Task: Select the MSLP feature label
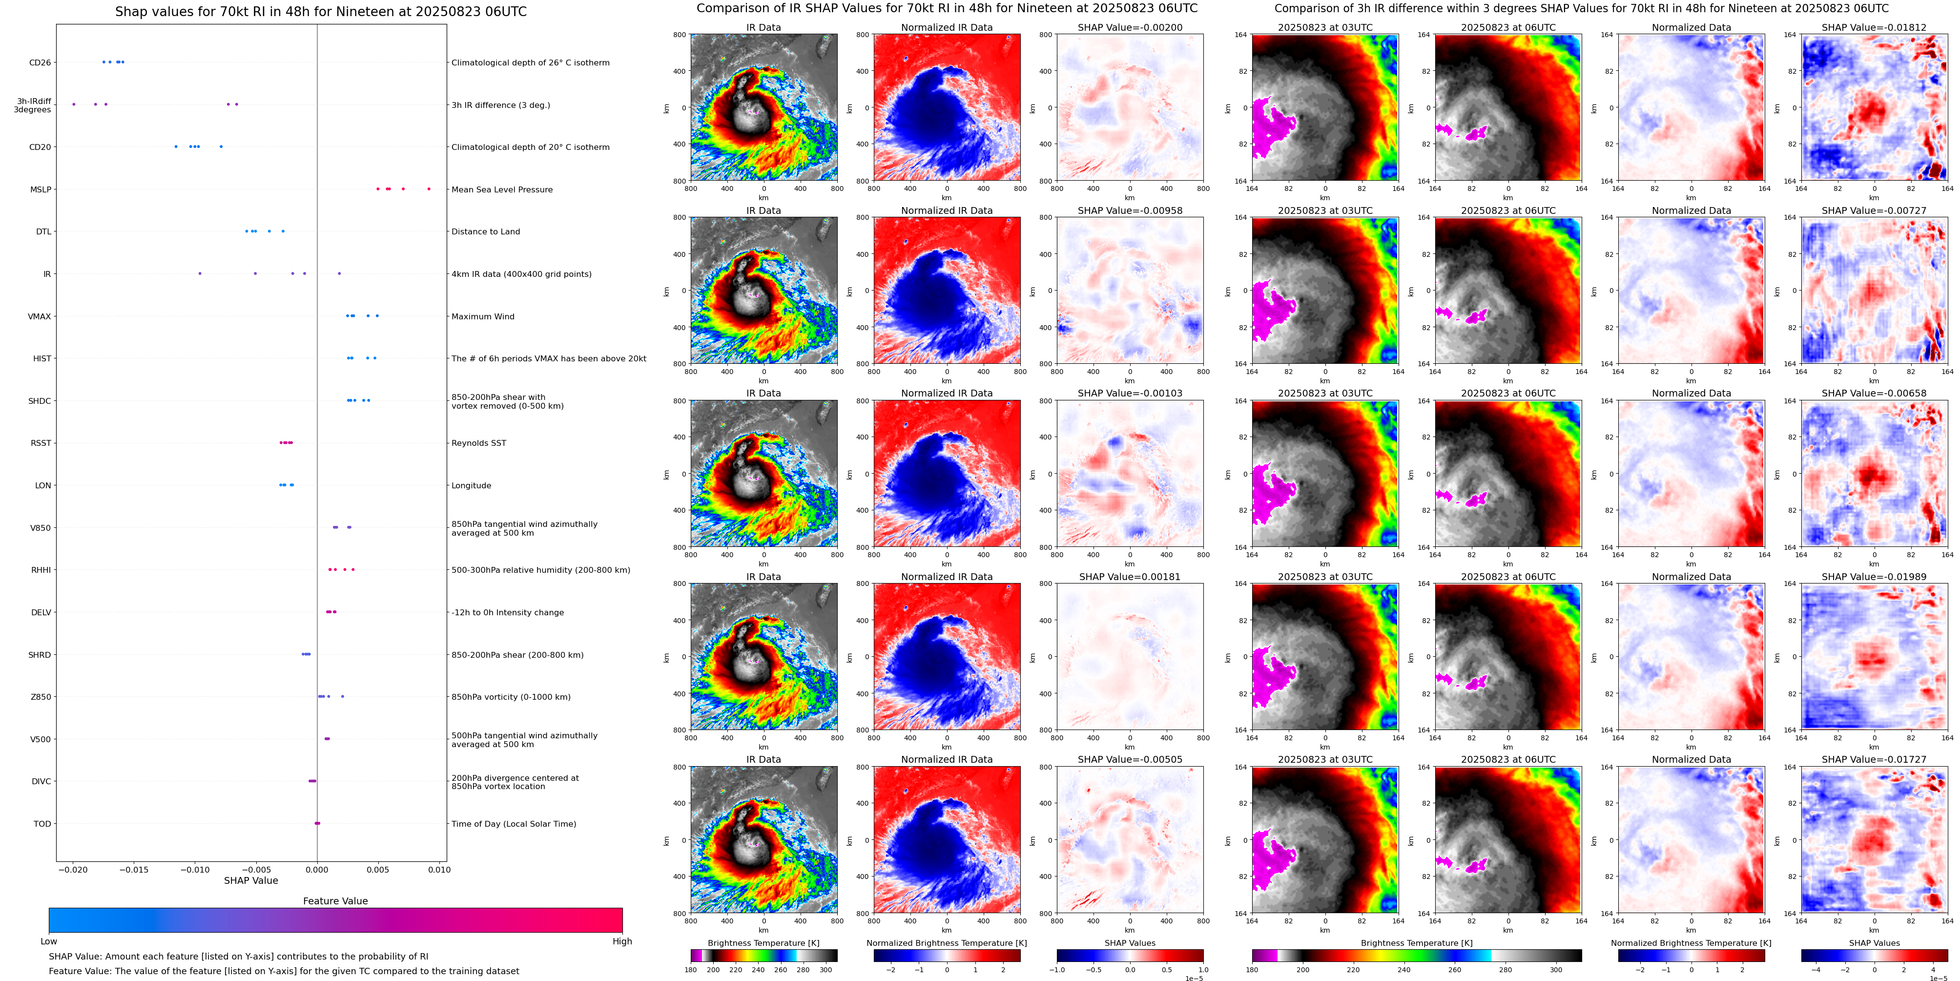point(41,189)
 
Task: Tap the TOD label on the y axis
point(42,823)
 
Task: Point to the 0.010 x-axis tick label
point(439,870)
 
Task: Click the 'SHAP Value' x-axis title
point(250,880)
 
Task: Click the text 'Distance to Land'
point(485,231)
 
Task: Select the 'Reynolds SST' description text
point(478,443)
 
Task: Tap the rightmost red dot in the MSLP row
point(429,189)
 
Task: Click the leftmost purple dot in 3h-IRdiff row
point(74,104)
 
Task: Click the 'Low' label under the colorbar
point(49,941)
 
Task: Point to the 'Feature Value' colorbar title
point(335,901)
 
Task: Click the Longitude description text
point(471,485)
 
